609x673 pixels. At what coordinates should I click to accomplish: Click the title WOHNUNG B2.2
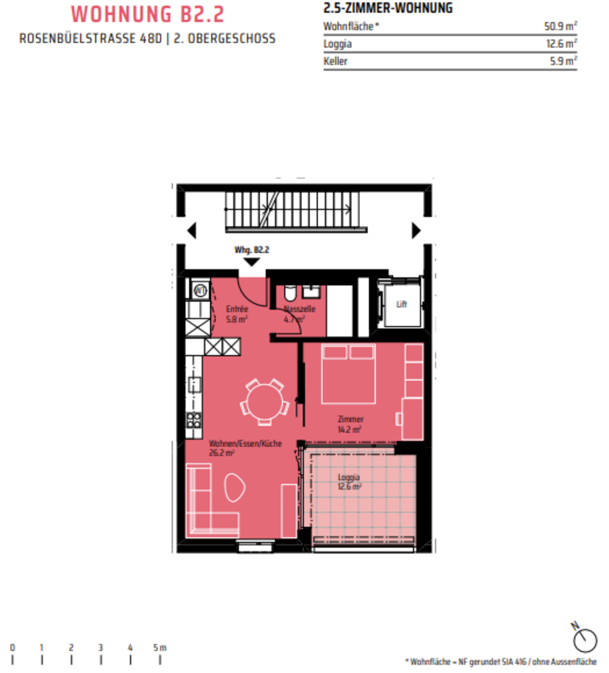point(148,14)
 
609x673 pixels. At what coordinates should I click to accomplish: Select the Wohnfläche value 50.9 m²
point(560,26)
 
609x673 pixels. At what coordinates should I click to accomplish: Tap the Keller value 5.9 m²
point(564,61)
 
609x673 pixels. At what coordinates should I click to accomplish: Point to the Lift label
point(402,304)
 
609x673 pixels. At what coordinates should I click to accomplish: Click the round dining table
point(265,402)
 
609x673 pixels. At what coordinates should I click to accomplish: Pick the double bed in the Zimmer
point(348,374)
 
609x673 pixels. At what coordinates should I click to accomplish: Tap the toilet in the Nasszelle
point(290,293)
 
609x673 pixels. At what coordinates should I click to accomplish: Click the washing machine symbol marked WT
point(201,291)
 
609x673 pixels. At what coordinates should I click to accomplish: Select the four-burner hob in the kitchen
point(194,420)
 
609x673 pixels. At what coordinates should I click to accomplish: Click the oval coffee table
point(235,487)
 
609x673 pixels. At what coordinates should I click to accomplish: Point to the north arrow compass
point(584,638)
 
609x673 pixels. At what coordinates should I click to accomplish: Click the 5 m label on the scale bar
point(160,647)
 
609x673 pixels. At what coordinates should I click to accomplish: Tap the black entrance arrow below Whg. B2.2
point(252,262)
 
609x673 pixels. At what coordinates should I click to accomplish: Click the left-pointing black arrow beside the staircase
point(192,231)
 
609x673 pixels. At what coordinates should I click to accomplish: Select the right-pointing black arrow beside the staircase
point(417,231)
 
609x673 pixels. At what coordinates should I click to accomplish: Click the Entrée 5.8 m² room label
point(237,314)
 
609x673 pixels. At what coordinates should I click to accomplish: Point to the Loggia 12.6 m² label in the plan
point(349,482)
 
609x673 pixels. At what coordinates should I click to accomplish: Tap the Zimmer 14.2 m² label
point(351,424)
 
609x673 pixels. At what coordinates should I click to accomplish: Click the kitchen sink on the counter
point(194,385)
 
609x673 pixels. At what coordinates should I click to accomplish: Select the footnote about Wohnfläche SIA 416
point(501,662)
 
